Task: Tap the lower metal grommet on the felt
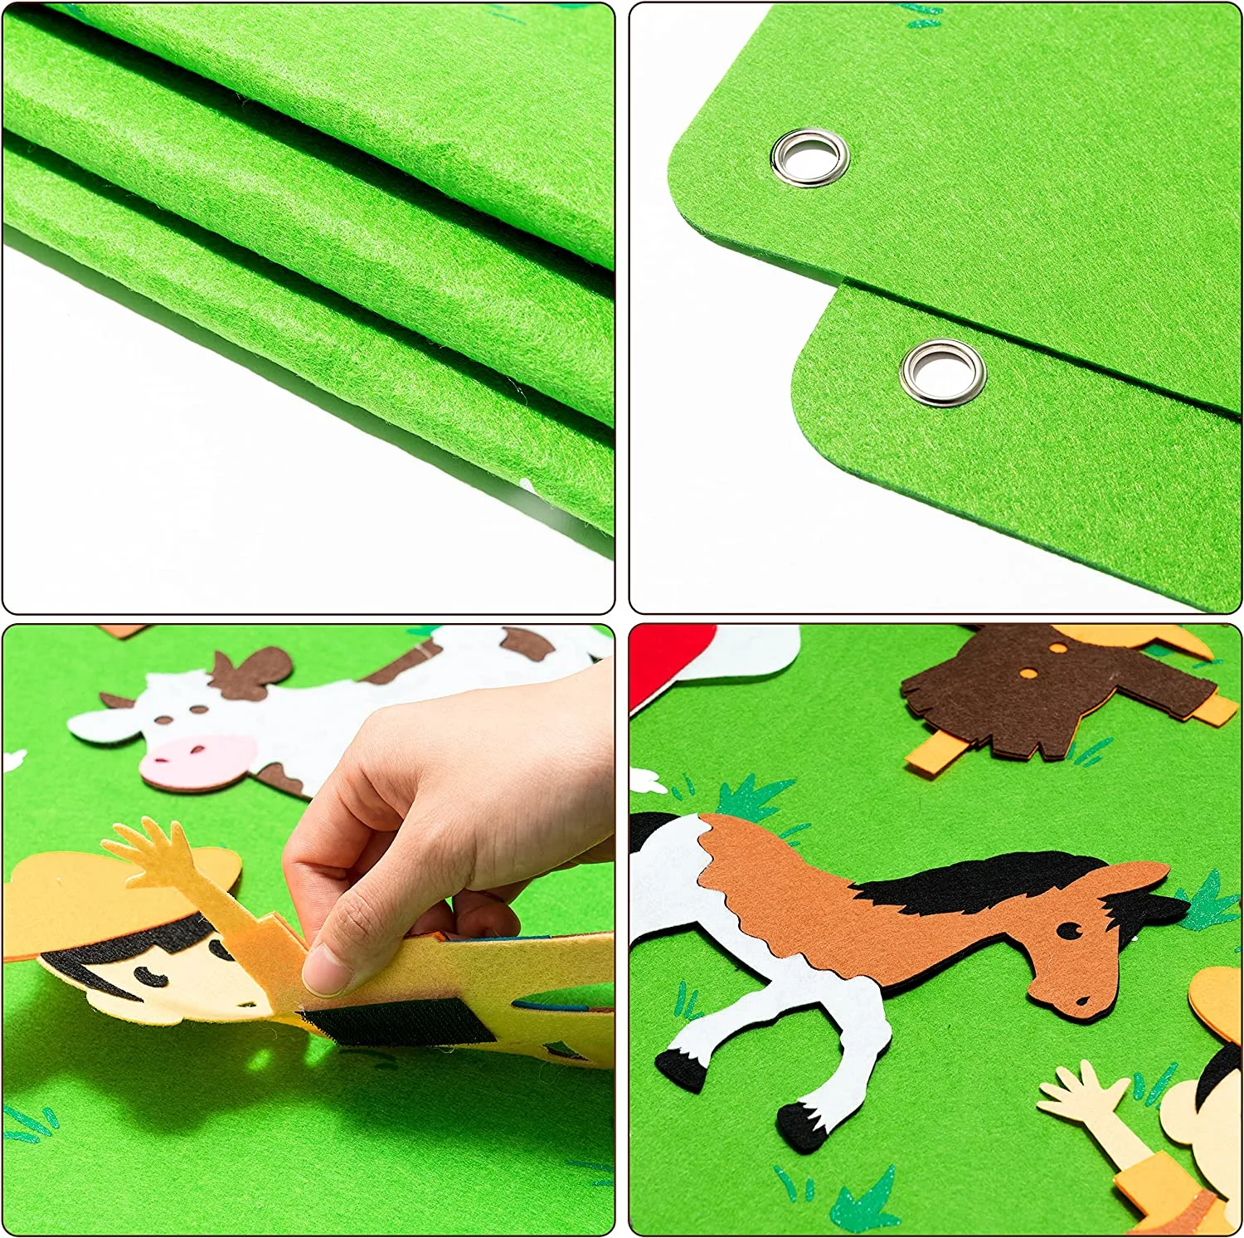tap(942, 372)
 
